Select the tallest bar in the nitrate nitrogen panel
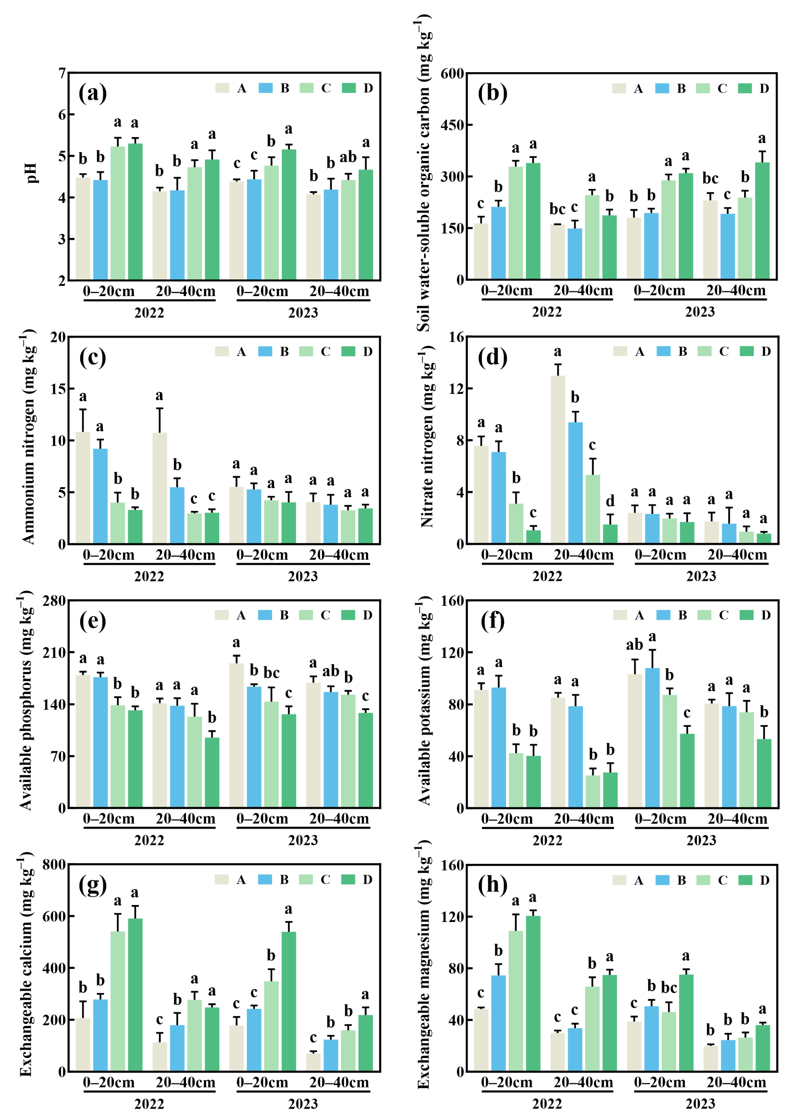[x=558, y=459]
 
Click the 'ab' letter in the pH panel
[x=348, y=157]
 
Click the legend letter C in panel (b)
[x=722, y=89]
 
